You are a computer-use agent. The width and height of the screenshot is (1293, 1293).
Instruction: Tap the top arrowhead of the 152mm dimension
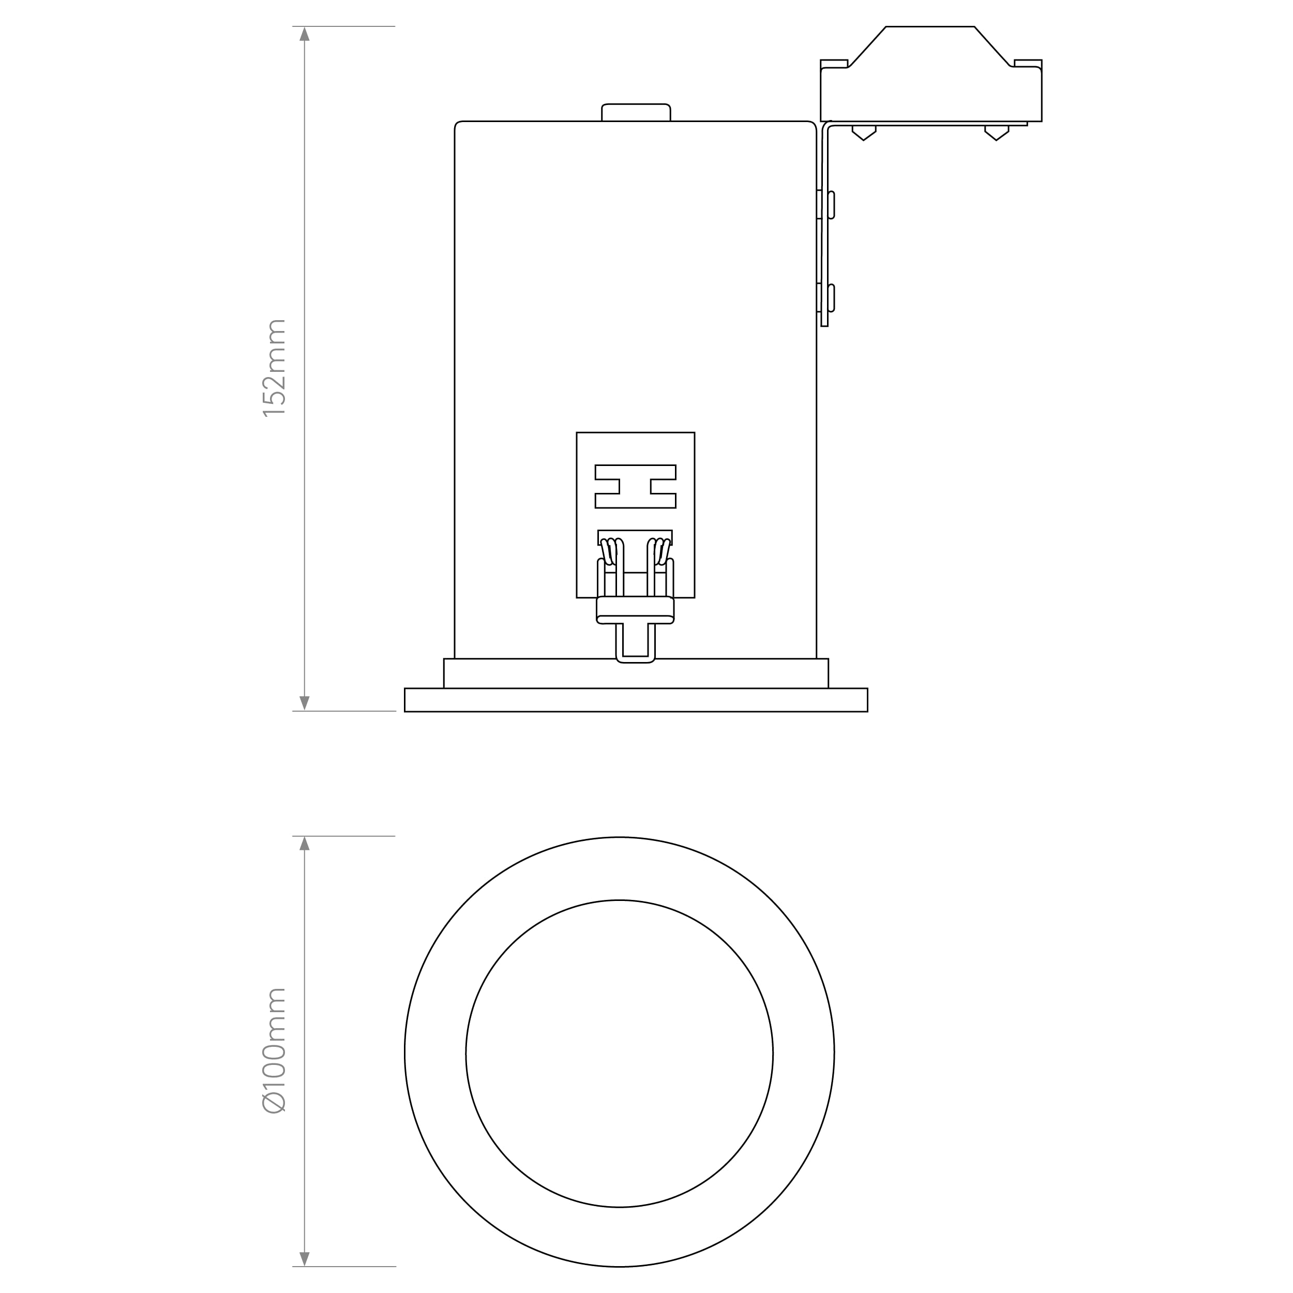[305, 34]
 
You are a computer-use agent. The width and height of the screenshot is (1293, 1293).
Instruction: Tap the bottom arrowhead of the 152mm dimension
[305, 703]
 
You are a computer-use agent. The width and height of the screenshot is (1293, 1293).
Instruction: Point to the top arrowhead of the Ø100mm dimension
[305, 843]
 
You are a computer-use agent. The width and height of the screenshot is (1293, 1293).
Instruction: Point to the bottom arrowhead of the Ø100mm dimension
[305, 1259]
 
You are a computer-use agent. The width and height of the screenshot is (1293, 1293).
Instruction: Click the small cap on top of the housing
[636, 112]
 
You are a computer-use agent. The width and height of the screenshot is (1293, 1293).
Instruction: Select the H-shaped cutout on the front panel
[635, 487]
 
